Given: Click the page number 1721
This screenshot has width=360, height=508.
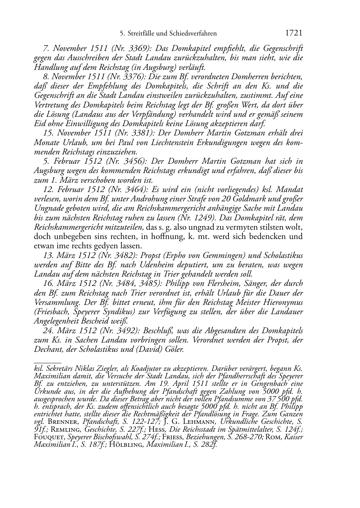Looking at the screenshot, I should (x=294, y=33).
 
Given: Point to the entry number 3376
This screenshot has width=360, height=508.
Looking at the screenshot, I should (x=133, y=77).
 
